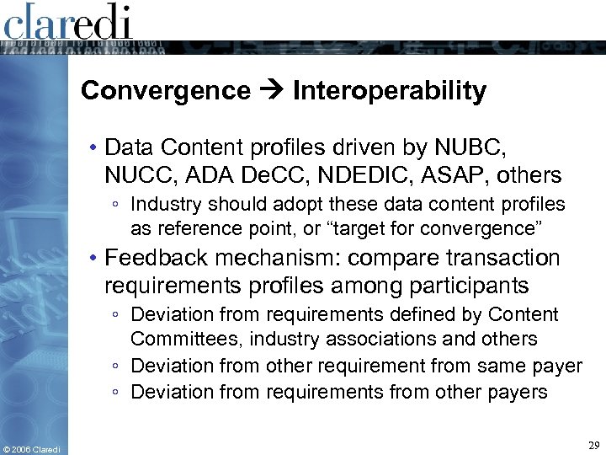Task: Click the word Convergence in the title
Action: tap(166, 91)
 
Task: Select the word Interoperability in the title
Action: tap(389, 91)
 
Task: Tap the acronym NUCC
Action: tap(133, 175)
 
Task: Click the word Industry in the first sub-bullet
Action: tap(163, 205)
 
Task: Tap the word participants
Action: tap(470, 286)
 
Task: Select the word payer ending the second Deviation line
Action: tap(558, 366)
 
